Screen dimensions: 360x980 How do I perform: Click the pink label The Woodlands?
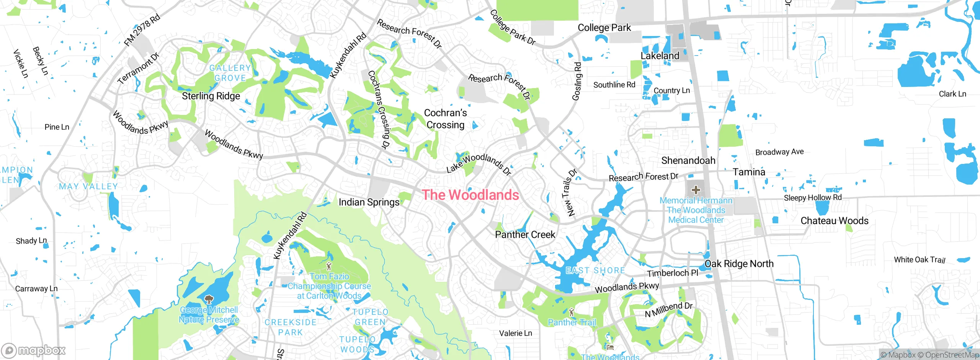(x=470, y=195)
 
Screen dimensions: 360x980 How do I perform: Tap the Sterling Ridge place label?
(x=211, y=96)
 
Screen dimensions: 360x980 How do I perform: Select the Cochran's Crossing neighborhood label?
(x=445, y=119)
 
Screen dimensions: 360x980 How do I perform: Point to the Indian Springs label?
(x=369, y=202)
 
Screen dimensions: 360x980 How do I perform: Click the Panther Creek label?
(x=525, y=235)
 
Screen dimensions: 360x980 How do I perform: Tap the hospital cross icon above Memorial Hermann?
(x=696, y=190)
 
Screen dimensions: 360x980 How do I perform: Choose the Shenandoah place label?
(x=688, y=160)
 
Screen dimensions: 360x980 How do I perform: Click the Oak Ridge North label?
(x=739, y=264)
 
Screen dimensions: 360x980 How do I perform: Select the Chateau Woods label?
(x=834, y=221)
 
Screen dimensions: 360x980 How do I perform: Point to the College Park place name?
(x=604, y=28)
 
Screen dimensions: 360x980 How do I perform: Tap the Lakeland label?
(x=660, y=56)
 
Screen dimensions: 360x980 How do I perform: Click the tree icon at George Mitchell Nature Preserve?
(x=209, y=299)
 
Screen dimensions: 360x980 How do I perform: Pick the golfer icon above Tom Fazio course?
(x=328, y=266)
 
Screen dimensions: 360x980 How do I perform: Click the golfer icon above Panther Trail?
(x=572, y=312)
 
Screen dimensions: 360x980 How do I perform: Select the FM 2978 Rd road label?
(x=142, y=30)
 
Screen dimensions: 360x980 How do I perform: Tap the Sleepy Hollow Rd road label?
(x=812, y=198)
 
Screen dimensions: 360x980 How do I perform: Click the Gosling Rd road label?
(x=577, y=82)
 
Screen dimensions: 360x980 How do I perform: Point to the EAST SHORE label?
(x=595, y=271)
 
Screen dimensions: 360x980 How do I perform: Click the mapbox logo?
(x=34, y=350)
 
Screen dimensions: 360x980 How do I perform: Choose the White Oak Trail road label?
(x=919, y=260)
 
